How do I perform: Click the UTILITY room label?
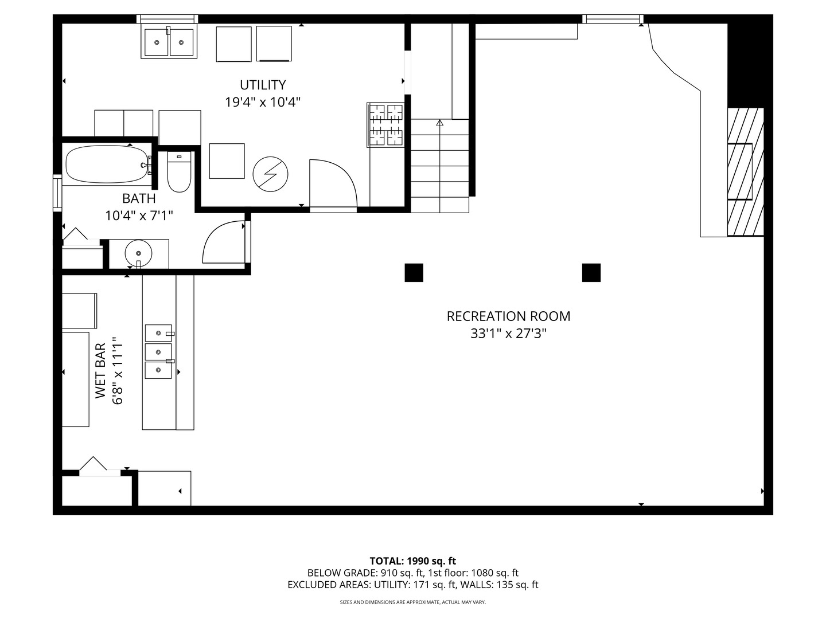(x=263, y=85)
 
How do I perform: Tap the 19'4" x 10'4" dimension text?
(x=263, y=102)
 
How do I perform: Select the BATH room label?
(x=139, y=198)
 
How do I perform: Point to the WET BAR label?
(x=100, y=371)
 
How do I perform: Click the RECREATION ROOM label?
(x=508, y=316)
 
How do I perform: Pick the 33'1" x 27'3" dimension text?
(x=508, y=334)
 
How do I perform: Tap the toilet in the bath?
(x=179, y=172)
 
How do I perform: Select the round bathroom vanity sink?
(x=138, y=253)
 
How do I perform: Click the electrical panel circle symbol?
(x=270, y=174)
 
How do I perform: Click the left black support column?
(x=414, y=272)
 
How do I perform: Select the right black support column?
(x=591, y=272)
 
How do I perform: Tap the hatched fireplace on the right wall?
(x=746, y=172)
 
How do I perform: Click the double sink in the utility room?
(x=169, y=42)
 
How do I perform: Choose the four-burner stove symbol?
(x=385, y=125)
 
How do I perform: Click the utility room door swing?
(x=333, y=183)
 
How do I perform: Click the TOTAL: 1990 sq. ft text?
(x=413, y=561)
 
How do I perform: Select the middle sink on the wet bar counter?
(x=158, y=352)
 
